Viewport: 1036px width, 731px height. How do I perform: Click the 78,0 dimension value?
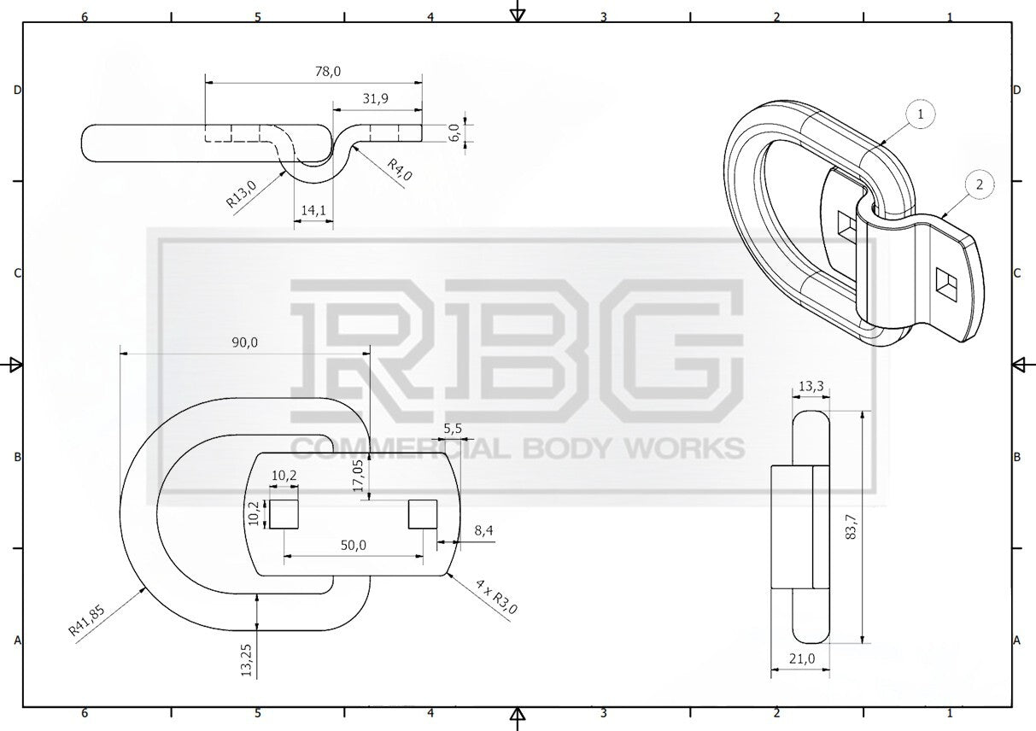pos(328,72)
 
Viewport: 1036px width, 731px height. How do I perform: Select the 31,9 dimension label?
pos(376,98)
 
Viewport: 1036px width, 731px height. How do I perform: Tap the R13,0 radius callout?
pos(241,194)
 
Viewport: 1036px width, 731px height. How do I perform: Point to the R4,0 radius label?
pos(400,170)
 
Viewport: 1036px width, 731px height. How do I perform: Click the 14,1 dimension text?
pos(313,210)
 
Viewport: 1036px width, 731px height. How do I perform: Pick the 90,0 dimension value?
pos(244,342)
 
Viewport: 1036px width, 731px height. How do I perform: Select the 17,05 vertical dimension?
pos(359,476)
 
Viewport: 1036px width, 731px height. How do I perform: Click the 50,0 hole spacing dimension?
pos(354,546)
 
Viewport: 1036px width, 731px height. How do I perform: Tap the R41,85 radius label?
pos(86,621)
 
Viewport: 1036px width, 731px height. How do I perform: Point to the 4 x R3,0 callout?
pos(496,597)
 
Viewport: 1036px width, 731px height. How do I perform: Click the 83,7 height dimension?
pos(851,527)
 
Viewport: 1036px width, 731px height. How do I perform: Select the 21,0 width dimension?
pos(802,658)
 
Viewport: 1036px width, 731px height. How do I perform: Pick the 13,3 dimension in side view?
pos(811,386)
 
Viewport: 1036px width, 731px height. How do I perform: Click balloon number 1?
pos(921,114)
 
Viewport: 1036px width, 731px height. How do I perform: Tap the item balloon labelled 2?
pos(980,184)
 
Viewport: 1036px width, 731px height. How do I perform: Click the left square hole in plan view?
pos(284,514)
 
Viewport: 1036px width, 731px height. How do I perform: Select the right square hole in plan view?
pos(423,514)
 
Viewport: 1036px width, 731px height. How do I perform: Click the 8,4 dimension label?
pos(483,531)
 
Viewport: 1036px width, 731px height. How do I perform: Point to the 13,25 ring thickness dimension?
pos(247,660)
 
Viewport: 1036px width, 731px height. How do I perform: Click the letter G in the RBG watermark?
pos(676,351)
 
